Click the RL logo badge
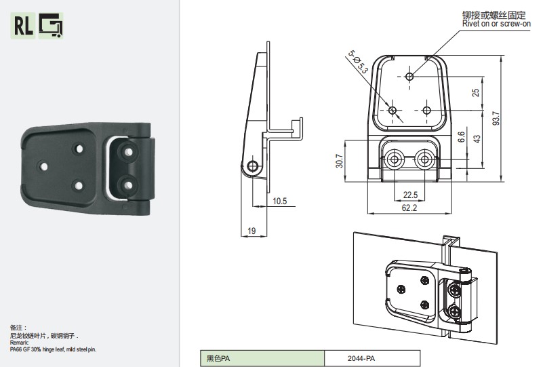(x=23, y=26)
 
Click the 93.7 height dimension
(x=496, y=118)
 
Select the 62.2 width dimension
(x=409, y=208)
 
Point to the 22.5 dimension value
(x=410, y=195)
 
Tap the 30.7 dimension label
(x=339, y=161)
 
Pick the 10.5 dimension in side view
(x=280, y=201)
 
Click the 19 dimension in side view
(x=252, y=231)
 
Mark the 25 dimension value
(x=475, y=92)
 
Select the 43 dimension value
(x=477, y=139)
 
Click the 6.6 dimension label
(x=461, y=137)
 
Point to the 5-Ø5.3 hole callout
(x=358, y=62)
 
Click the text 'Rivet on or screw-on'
(x=496, y=24)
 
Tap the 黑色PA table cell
(x=262, y=358)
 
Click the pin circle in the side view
(x=253, y=166)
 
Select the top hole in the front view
(x=409, y=76)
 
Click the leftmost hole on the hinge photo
(x=43, y=167)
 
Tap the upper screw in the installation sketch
(x=454, y=290)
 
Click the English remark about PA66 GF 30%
(x=53, y=349)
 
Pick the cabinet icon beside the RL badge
(x=51, y=26)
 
